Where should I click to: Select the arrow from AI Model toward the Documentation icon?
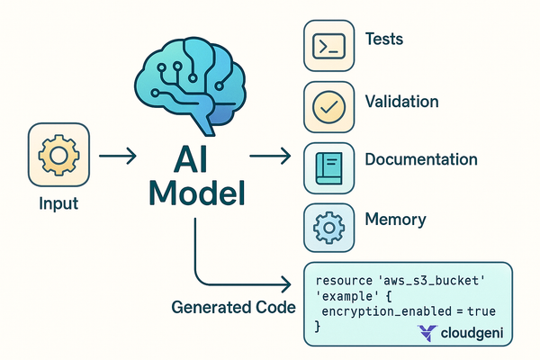[269, 157]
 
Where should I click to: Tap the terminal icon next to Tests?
[328, 46]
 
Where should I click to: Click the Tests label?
[384, 40]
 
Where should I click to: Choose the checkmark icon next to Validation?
[328, 106]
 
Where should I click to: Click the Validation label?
[401, 101]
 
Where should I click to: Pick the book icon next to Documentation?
[328, 166]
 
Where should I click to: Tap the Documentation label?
[420, 160]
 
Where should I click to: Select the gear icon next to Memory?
[328, 226]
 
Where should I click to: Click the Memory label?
[395, 219]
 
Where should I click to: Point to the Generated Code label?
[233, 307]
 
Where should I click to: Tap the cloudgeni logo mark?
[430, 333]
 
